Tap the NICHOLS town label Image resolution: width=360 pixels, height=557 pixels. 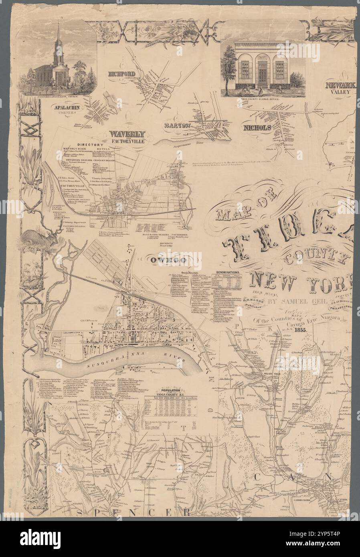[x=257, y=128]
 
